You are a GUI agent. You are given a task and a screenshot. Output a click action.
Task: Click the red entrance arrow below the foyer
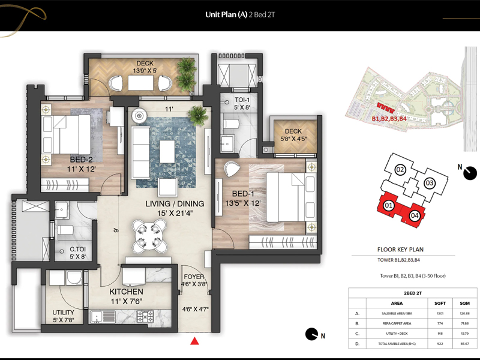click(194, 342)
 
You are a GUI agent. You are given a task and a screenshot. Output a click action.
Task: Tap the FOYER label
click(196, 277)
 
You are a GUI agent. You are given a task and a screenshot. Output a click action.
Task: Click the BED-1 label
click(242, 194)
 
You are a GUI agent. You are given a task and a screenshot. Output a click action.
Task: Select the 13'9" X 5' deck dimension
click(145, 70)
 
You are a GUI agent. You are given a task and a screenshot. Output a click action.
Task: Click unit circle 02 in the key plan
click(401, 170)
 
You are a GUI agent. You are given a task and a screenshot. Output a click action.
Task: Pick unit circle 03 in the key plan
click(430, 183)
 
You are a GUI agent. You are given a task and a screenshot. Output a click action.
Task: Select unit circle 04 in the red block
click(414, 215)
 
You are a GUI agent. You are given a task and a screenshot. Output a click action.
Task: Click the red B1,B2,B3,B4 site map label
click(389, 119)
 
